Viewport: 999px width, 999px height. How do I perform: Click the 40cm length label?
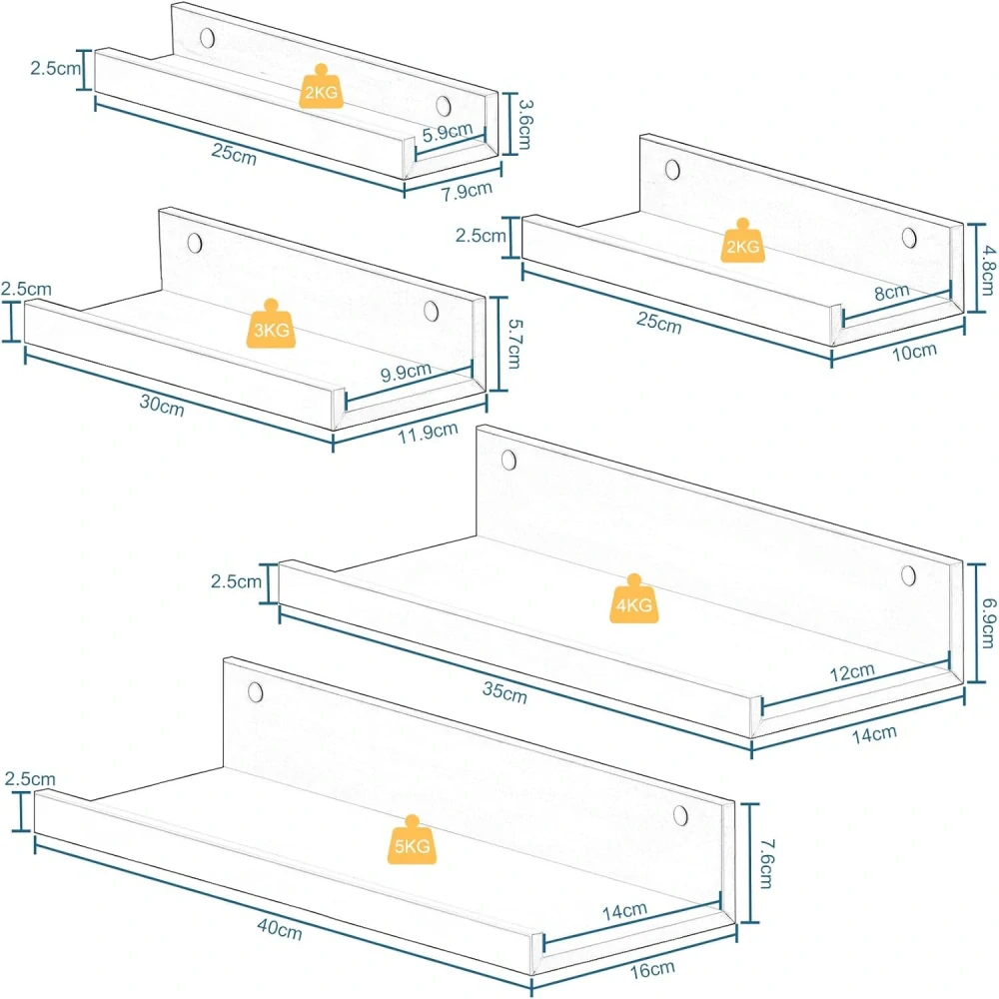280,928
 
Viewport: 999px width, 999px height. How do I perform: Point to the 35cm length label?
504,692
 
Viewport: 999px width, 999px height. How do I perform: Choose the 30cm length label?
162,405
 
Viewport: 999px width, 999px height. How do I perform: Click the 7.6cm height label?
767,863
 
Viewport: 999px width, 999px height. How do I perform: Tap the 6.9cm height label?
988,622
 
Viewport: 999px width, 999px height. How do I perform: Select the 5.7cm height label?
514,344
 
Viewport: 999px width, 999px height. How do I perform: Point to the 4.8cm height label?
988,270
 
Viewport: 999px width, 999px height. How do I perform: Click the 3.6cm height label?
525,124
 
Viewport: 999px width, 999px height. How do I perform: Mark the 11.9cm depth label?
429,433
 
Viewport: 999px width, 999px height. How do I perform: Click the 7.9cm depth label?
467,191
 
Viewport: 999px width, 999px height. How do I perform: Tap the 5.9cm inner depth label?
448,133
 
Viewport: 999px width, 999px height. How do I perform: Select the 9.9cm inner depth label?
406,372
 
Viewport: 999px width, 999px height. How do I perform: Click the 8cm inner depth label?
892,293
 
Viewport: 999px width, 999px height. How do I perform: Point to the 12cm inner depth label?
852,672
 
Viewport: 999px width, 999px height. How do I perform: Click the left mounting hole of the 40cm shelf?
256,692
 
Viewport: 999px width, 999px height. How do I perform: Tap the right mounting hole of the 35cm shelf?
908,575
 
